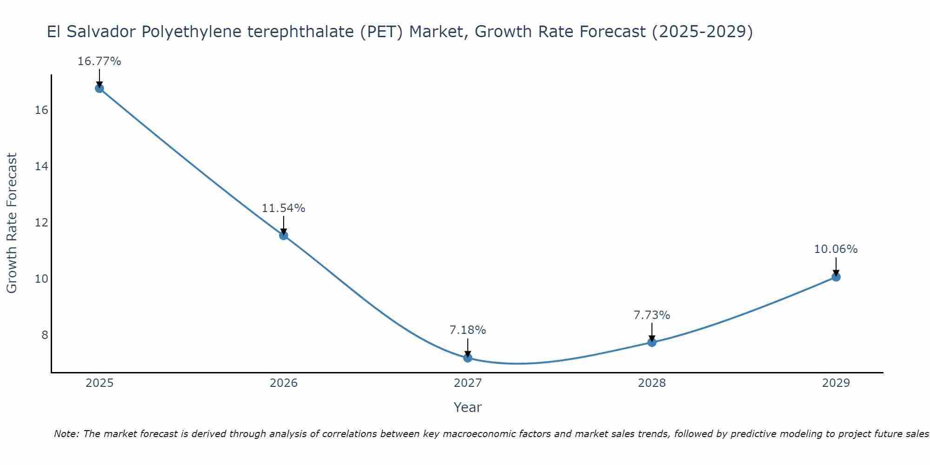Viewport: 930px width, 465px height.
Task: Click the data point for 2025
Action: coord(99,88)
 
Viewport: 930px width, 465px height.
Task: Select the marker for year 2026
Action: coord(283,235)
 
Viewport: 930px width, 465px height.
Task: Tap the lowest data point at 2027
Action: coord(467,358)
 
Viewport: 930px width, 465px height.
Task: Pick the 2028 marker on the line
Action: coord(651,342)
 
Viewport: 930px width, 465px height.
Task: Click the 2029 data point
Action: coord(836,277)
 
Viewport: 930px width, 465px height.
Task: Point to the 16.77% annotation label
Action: coord(99,61)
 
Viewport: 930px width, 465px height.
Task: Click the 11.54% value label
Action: coord(283,208)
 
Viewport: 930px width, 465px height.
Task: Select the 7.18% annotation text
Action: coord(467,330)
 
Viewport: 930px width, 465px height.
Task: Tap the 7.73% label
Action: coord(651,315)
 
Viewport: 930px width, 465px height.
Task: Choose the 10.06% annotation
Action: coord(836,249)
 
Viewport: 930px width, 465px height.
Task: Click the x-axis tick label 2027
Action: coord(467,383)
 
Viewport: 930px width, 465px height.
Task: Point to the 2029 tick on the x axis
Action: coord(836,383)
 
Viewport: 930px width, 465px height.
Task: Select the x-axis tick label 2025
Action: coord(100,383)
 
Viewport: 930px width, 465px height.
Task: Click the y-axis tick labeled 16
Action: coord(41,110)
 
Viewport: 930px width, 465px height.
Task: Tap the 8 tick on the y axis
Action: coord(45,335)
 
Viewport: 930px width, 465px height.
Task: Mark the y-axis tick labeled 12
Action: coord(41,223)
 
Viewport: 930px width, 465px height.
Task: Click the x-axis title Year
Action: coord(467,407)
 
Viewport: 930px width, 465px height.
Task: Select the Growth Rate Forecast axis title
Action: coord(12,223)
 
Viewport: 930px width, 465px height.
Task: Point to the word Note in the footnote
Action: coord(66,434)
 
